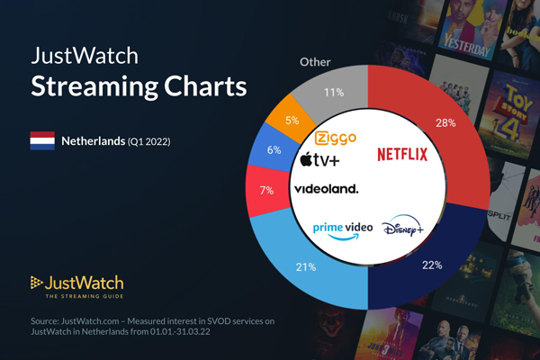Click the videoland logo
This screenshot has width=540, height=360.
326,189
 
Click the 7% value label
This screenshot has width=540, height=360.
265,192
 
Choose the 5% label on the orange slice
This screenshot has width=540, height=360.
292,120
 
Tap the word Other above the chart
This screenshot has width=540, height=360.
315,63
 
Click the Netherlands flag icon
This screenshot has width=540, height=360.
42,141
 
